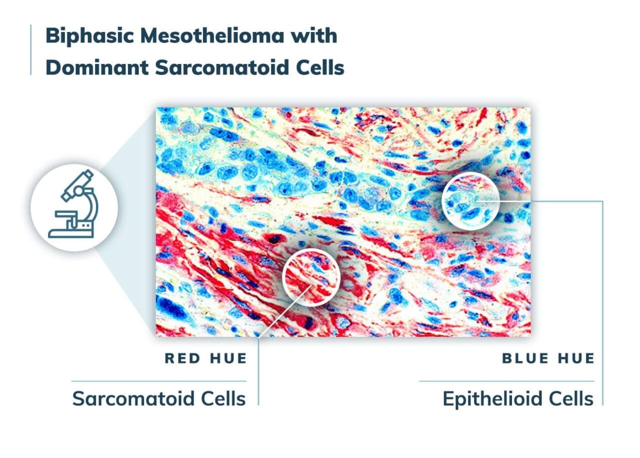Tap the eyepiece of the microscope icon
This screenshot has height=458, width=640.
point(86,176)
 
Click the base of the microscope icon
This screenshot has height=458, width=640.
point(70,232)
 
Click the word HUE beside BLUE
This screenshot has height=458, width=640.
point(575,358)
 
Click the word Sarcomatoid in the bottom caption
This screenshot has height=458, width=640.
point(131,398)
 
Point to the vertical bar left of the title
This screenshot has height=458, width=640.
point(31,50)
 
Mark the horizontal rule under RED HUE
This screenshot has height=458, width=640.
point(158,381)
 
